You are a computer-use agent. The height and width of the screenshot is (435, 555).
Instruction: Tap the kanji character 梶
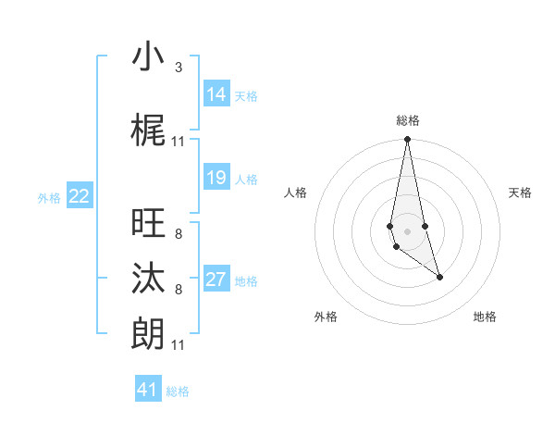click(x=148, y=130)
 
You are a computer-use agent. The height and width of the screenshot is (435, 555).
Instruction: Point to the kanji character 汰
click(x=148, y=279)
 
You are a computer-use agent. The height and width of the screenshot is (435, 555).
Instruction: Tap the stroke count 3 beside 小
click(x=179, y=68)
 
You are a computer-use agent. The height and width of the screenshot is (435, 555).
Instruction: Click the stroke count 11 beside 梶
click(x=179, y=142)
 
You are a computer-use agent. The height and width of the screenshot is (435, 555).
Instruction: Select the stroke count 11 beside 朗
click(x=179, y=345)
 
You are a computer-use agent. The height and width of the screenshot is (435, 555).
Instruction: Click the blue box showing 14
click(x=216, y=94)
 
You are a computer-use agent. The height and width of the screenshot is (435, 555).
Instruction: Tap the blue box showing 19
click(x=216, y=178)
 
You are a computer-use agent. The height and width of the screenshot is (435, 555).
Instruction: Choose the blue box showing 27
click(x=216, y=280)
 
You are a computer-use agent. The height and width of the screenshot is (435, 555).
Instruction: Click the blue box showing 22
click(x=80, y=196)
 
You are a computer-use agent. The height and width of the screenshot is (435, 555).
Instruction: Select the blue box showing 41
click(x=148, y=390)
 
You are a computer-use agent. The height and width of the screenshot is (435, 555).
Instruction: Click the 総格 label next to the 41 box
click(x=178, y=391)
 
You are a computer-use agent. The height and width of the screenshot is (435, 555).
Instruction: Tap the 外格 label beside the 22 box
click(x=49, y=197)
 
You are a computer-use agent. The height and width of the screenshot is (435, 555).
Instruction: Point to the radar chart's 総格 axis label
click(x=408, y=120)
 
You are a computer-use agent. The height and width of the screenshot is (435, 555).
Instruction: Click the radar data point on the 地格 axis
click(x=439, y=277)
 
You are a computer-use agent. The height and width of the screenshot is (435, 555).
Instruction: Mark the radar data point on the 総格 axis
click(x=407, y=140)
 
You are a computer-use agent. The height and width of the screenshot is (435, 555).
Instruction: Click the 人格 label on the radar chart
click(x=295, y=193)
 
